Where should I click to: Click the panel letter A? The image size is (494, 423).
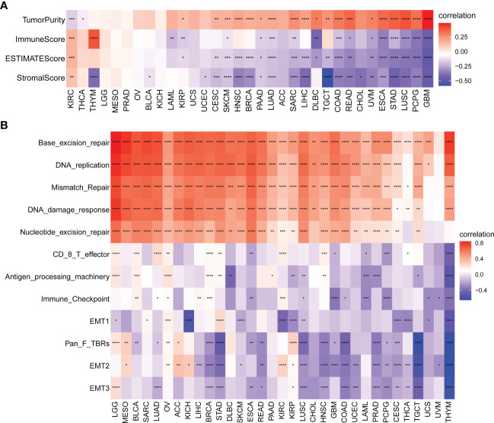[6, 5]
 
